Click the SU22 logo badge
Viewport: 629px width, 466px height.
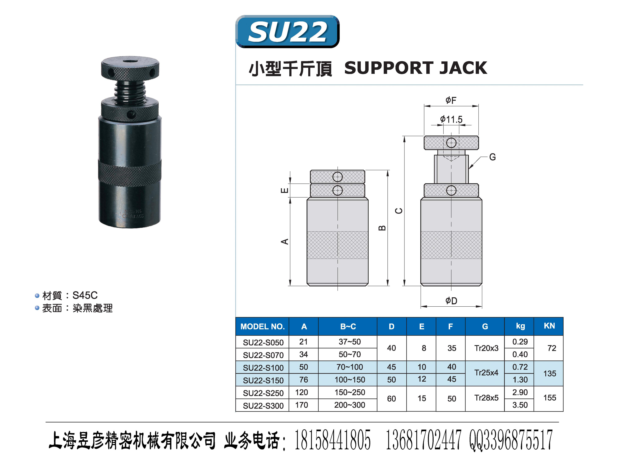click(287, 32)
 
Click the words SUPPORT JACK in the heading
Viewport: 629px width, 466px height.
click(415, 68)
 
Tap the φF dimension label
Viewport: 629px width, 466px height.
click(451, 100)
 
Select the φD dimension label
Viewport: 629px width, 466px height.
click(451, 301)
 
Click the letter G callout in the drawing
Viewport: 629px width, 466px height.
click(492, 157)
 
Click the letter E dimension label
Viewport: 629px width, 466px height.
click(285, 190)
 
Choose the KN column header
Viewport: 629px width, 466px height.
click(549, 326)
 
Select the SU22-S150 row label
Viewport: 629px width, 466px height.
click(263, 380)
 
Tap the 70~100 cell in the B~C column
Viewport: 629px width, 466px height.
click(349, 367)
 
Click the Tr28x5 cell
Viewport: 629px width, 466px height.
click(486, 398)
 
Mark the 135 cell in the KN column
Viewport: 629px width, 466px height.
click(550, 374)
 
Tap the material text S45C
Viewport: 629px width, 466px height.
click(85, 295)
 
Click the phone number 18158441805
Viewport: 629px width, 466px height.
click(332, 440)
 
